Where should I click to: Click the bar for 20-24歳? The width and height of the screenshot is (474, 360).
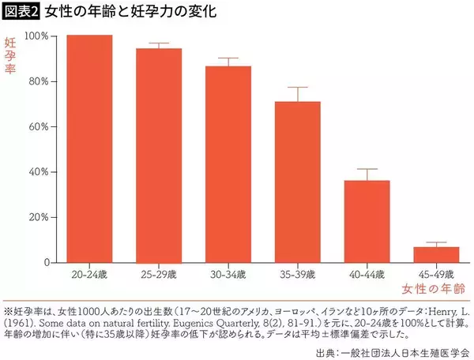coord(89,148)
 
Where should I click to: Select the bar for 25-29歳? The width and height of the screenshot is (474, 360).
coord(159,156)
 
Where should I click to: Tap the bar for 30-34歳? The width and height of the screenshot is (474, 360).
coord(228,164)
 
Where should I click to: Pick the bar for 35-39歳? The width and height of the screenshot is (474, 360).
coord(298,182)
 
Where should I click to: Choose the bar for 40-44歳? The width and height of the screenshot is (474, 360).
coord(367,221)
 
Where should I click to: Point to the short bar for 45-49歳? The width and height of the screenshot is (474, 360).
coord(437,254)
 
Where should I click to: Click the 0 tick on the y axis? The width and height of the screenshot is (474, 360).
coord(47,262)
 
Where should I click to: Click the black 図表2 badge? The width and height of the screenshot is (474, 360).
coord(23,12)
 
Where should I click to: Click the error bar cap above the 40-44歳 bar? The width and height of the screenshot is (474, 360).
coord(367,169)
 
